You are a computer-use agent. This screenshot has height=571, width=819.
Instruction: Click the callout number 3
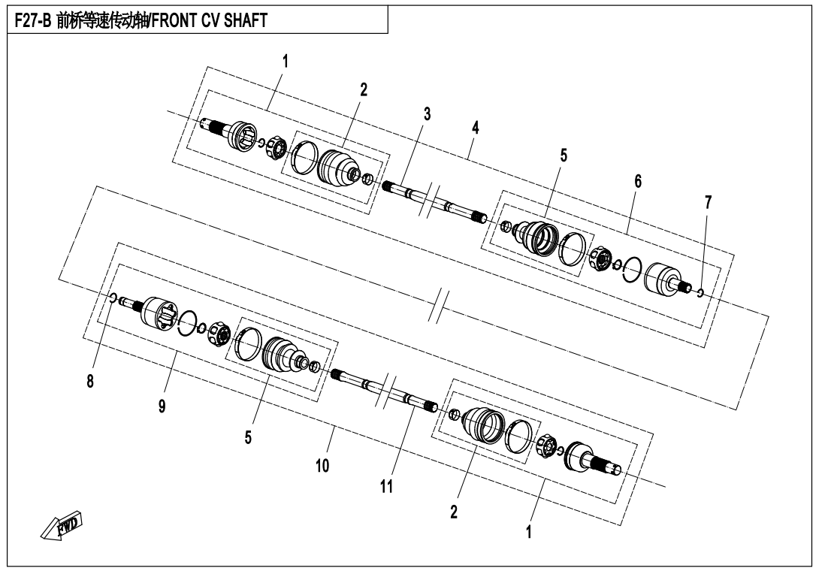tap(427, 114)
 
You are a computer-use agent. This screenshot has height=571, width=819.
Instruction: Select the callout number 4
tap(475, 128)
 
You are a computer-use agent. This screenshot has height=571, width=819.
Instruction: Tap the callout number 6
tap(638, 181)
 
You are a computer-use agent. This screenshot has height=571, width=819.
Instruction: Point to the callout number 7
tap(709, 203)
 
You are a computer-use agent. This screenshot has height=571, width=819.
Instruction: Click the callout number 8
tap(90, 382)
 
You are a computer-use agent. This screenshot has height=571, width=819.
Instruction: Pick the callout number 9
tap(162, 406)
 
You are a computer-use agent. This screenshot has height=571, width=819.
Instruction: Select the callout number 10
tap(322, 466)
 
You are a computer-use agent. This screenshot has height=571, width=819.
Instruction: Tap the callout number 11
tap(386, 487)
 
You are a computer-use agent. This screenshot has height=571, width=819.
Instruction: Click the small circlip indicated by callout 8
tap(112, 298)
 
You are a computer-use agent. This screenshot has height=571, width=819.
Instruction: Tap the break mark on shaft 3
tap(430, 200)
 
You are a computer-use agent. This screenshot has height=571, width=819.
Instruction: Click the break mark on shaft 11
tap(385, 392)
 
